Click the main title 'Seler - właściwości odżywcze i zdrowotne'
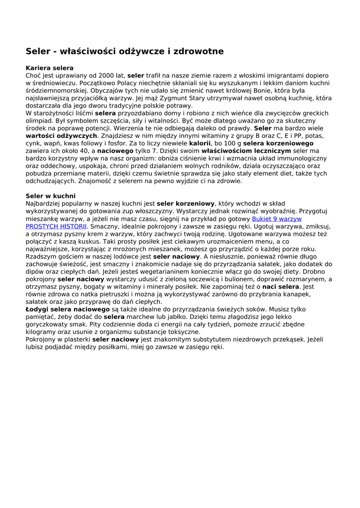pos(125,51)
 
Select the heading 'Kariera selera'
pos(50,68)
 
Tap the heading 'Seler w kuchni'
pos(51,196)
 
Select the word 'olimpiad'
pos(40,121)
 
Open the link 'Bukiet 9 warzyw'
pos(277,219)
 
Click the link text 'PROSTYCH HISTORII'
pos(56,226)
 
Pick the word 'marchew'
pos(144,317)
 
